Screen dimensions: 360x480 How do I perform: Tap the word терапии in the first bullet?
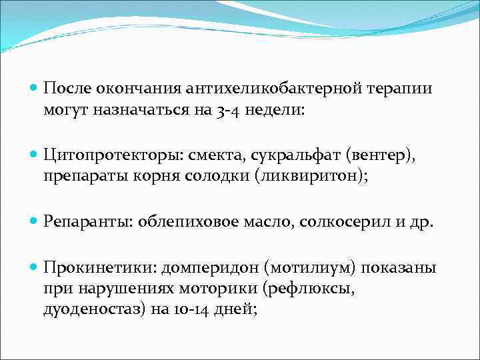coord(397,88)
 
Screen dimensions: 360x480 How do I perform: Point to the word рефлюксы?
coord(301,287)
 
